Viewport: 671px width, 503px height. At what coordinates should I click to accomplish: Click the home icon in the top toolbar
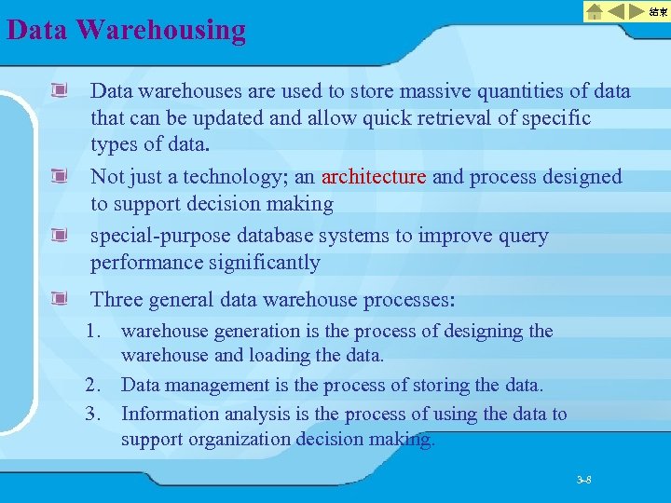(x=595, y=12)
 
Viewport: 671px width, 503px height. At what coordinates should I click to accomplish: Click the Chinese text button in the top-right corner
(x=658, y=12)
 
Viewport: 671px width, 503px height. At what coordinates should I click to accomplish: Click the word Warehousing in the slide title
(x=162, y=30)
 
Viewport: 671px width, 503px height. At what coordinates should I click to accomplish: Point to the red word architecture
(x=373, y=177)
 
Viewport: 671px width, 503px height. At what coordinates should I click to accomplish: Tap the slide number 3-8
(x=584, y=481)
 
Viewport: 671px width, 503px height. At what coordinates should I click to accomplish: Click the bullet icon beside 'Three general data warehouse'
(x=61, y=300)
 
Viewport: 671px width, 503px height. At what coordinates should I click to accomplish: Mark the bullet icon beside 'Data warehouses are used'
(x=61, y=91)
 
